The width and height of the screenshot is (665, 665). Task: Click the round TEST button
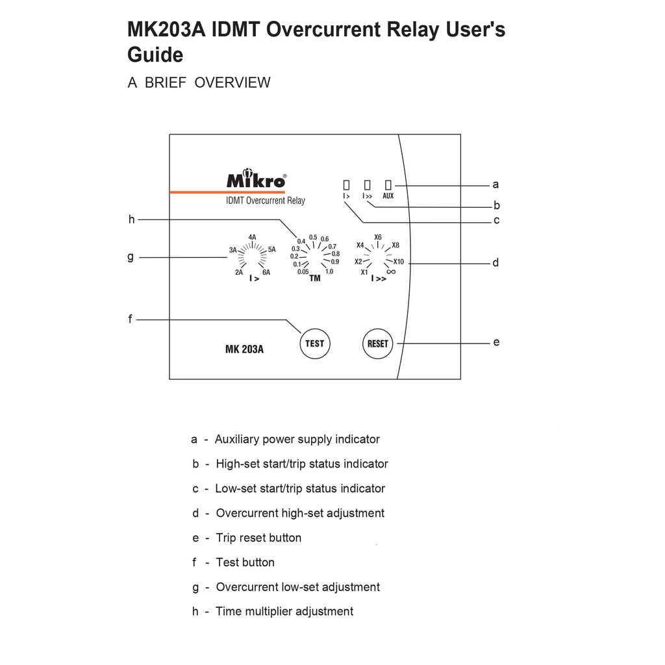point(314,343)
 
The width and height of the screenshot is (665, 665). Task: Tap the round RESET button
point(377,344)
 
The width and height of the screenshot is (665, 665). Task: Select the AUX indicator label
point(388,195)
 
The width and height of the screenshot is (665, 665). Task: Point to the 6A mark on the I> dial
point(266,272)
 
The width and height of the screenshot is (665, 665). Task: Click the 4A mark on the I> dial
point(252,237)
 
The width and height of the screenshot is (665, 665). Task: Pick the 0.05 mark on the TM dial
point(303,271)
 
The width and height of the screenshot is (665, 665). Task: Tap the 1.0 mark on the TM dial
point(329,271)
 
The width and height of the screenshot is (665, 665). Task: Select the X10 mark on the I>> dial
point(398,261)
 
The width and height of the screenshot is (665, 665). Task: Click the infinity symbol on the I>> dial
point(391,271)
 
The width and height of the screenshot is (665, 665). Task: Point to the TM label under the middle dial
point(315,279)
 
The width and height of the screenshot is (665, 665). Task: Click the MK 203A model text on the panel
point(244,349)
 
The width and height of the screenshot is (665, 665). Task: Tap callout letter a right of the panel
point(496,184)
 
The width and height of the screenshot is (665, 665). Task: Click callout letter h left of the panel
point(131,220)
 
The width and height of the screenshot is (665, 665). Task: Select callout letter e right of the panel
point(496,342)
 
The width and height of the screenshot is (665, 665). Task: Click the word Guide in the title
point(155,55)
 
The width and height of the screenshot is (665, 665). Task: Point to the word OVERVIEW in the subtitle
point(232,82)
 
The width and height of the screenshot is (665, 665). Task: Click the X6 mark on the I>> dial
point(378,236)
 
